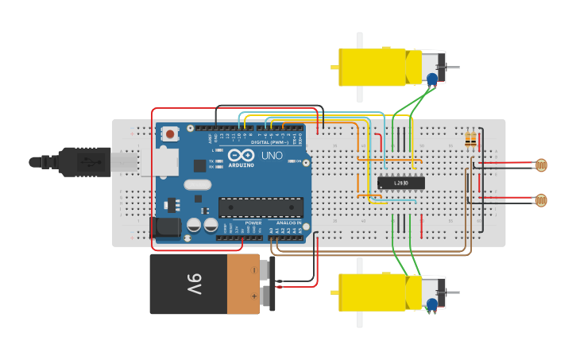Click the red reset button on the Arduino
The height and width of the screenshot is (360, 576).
[169, 134]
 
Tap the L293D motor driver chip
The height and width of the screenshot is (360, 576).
[400, 183]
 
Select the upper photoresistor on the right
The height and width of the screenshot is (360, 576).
[541, 165]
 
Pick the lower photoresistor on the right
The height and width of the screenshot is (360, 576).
[541, 200]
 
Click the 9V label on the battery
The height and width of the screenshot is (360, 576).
[195, 284]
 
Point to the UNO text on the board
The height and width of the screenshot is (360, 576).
[272, 156]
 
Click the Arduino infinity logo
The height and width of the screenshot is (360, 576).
[241, 155]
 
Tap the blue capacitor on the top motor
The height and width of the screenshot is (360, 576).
[432, 79]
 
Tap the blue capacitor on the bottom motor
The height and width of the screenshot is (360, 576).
[432, 304]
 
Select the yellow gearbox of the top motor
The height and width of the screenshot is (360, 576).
[373, 68]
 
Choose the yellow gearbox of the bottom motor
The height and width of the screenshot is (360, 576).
[373, 292]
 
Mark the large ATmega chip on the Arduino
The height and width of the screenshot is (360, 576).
[261, 207]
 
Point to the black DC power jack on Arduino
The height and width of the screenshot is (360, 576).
[165, 227]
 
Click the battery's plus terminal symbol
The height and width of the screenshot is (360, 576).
[254, 296]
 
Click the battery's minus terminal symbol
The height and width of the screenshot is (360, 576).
[254, 270]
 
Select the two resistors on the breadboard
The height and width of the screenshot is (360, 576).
[471, 141]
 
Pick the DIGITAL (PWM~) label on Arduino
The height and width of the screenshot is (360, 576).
[272, 142]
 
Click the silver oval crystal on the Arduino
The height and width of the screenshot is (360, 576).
[198, 185]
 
